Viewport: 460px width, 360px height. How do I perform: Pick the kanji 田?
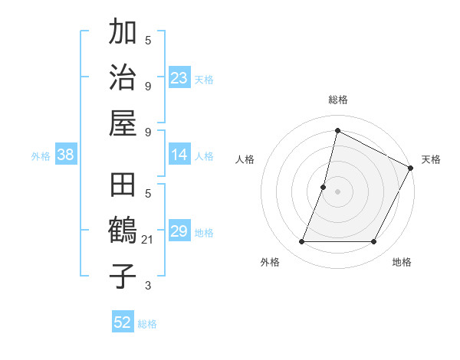(x=123, y=187)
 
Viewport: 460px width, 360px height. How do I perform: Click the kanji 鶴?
(x=123, y=232)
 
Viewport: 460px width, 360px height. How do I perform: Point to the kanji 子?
(x=123, y=277)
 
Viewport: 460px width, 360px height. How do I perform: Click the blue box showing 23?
(x=179, y=78)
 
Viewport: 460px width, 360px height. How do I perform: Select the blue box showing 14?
(x=179, y=155)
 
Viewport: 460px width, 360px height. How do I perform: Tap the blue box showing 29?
(x=179, y=232)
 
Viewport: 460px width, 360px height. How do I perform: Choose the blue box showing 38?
(x=66, y=155)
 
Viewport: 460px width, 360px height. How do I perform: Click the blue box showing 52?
(x=123, y=322)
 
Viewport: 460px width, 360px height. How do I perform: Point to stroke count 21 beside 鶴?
(x=149, y=241)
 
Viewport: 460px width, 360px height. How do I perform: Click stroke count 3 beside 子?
(x=148, y=286)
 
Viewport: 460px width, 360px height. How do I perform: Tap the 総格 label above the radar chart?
(x=337, y=100)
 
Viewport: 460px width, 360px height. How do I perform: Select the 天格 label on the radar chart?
(x=431, y=159)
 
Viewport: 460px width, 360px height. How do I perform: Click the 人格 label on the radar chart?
(x=245, y=159)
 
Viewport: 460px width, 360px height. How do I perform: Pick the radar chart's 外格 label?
(x=270, y=262)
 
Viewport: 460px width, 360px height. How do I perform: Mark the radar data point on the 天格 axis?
(x=411, y=168)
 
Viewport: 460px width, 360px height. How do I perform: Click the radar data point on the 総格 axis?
(x=337, y=130)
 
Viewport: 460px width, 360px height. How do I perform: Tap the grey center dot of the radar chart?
(x=337, y=191)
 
